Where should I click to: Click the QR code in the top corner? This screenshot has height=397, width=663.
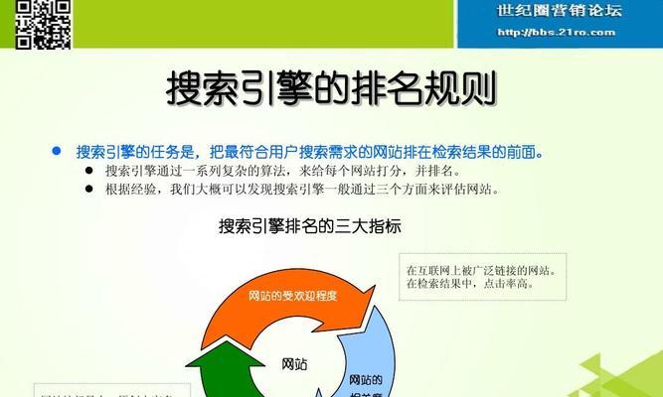pyautogui.click(x=45, y=22)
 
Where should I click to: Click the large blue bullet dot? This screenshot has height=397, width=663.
pyautogui.click(x=57, y=151)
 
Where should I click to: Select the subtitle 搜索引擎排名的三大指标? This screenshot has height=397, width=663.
pyautogui.click(x=310, y=226)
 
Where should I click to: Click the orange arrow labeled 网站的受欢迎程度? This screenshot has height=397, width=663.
pyautogui.click(x=293, y=295)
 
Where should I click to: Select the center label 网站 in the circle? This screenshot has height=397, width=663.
pyautogui.click(x=295, y=364)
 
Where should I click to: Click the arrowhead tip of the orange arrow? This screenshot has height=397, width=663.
pyautogui.click(x=375, y=299)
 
